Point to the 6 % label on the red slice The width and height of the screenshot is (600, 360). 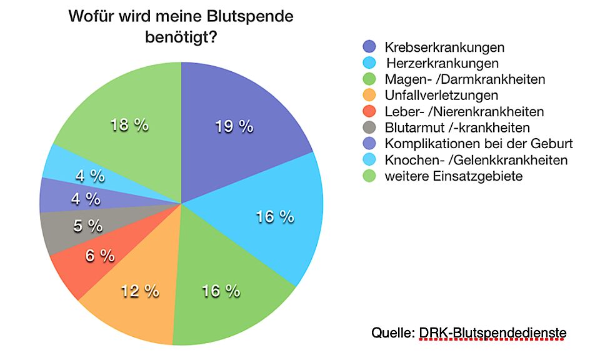99,255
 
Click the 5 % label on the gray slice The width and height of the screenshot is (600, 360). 87,226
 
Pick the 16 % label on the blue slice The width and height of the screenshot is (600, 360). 275,217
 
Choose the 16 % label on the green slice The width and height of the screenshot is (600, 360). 221,291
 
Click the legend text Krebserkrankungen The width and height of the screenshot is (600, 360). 444,47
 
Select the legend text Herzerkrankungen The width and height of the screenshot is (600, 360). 442,63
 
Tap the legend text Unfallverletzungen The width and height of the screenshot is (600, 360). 442,96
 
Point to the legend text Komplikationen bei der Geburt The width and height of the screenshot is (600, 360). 479,144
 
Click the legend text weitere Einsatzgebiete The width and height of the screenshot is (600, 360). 454,176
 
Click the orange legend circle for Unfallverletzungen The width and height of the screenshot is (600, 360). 369,96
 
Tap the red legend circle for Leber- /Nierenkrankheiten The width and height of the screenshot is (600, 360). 369,112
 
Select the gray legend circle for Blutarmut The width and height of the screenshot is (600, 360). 369,128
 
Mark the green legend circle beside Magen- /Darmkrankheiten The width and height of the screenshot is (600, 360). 369,79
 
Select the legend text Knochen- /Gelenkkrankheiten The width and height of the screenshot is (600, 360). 476,160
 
